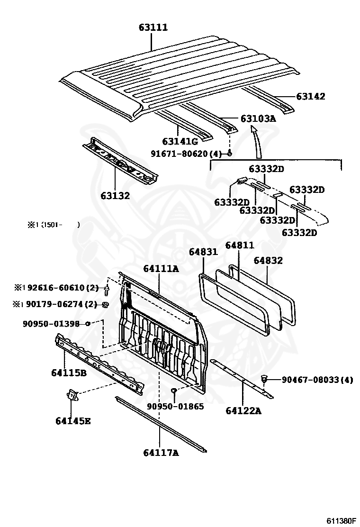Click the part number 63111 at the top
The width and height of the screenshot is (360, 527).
pos(153,27)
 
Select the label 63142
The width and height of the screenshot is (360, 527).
pos(311,97)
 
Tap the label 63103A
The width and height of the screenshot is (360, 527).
pos(258,118)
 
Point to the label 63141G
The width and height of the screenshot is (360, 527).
pos(180,141)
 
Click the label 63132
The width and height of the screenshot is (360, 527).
pos(115,195)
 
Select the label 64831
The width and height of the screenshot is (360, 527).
pos(203,252)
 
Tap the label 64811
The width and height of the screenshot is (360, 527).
pos(239,245)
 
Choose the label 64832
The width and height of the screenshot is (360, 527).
pos(268,260)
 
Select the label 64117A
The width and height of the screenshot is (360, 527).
pos(161,453)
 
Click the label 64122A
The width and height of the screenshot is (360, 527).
pos(243,410)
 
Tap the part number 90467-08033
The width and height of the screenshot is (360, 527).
pos(317,380)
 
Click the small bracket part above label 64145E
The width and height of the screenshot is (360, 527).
pos(72,394)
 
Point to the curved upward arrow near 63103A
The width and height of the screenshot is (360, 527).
pos(257,142)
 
